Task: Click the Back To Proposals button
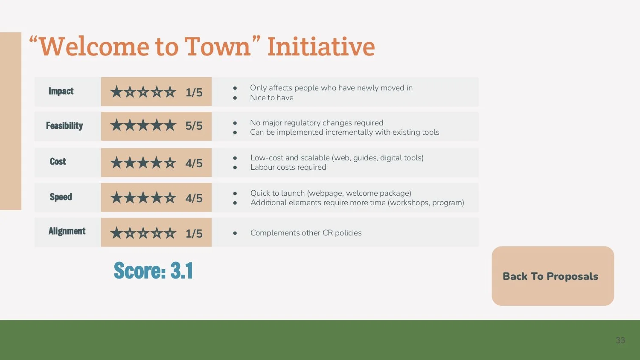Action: point(553,276)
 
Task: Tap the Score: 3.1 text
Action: point(153,270)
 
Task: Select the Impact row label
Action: point(61,91)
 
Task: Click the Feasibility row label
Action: point(64,126)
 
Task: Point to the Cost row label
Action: point(58,162)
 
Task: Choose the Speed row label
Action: point(61,197)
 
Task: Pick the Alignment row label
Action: point(67,231)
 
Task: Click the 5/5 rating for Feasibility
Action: point(194,126)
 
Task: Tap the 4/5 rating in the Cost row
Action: point(194,163)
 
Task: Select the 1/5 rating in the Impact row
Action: point(194,92)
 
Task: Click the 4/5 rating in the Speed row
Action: point(194,198)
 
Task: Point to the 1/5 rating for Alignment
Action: point(194,233)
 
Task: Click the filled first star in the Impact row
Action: point(116,92)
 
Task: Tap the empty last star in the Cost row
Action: point(170,163)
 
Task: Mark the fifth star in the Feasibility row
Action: point(170,125)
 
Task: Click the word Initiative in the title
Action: point(321,46)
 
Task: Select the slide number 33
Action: point(620,340)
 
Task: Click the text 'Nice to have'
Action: point(272,98)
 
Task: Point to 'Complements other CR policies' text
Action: point(306,233)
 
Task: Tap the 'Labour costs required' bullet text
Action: point(288,167)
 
